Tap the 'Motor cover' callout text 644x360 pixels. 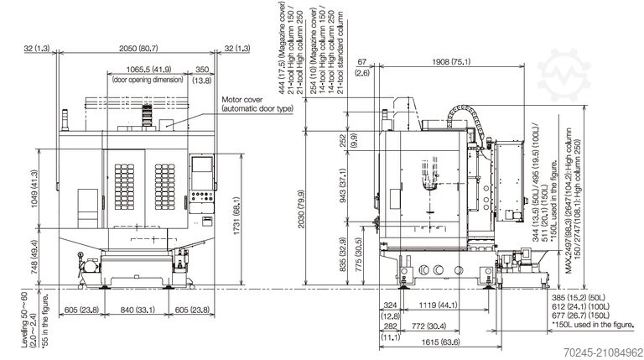[x=243, y=99]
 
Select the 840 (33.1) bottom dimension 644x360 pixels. [x=135, y=310]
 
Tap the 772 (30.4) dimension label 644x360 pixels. [x=428, y=326]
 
